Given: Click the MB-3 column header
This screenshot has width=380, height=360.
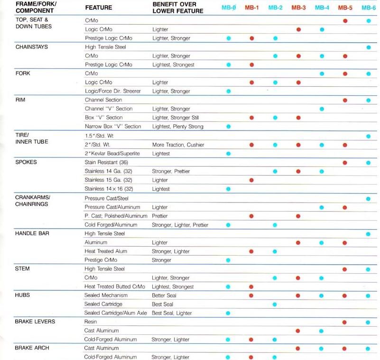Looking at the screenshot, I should (x=298, y=8).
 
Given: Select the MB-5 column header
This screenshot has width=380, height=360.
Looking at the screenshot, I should (x=345, y=8).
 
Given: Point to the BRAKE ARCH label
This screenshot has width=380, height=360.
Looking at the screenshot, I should (x=31, y=348).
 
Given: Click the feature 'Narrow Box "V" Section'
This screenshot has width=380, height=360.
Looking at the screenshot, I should (x=113, y=127).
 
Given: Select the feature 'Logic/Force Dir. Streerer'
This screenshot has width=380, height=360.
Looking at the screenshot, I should (x=112, y=91).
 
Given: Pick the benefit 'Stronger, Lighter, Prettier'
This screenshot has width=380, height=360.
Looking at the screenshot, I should (x=180, y=224).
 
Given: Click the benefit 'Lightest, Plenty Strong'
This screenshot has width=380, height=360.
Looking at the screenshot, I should (x=177, y=127).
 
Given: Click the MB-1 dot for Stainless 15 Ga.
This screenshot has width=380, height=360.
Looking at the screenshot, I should (x=251, y=180).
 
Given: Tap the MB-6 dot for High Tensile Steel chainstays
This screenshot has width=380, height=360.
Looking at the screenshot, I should (x=368, y=47).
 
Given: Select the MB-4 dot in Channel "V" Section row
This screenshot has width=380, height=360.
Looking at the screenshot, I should (x=322, y=109).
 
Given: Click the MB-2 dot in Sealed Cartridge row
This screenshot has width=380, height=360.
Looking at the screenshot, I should (x=275, y=305).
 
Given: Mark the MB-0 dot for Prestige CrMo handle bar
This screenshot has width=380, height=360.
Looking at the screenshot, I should (x=229, y=260).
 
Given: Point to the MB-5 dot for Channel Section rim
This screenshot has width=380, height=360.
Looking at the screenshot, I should (x=345, y=100).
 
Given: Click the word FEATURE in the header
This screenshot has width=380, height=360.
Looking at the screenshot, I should (x=98, y=8).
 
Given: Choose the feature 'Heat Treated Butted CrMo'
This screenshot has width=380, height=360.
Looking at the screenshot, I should (x=115, y=286).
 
